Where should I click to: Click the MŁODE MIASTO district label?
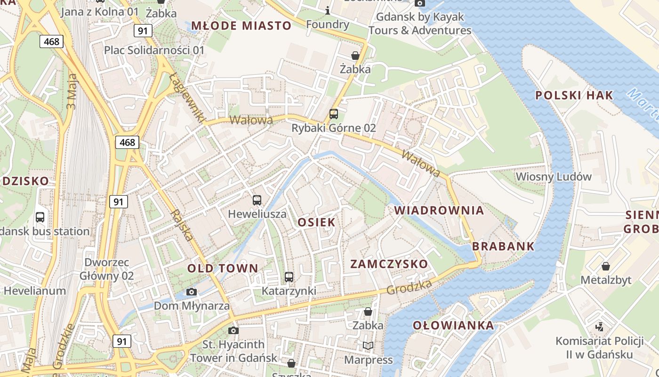(241, 25)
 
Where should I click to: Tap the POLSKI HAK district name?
(574, 95)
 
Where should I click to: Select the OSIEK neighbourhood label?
(316, 222)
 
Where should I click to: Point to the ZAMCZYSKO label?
(389, 264)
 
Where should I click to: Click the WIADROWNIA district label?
(439, 210)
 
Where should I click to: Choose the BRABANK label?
(503, 246)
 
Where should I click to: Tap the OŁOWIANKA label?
(453, 325)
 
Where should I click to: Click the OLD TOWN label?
(223, 269)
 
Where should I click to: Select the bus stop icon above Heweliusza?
(257, 200)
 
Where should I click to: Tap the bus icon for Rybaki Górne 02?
(334, 114)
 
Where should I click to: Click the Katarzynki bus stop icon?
(289, 277)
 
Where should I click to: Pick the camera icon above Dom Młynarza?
(191, 292)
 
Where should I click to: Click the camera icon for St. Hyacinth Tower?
(233, 330)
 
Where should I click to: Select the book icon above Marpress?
(368, 346)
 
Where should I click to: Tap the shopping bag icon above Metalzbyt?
(606, 266)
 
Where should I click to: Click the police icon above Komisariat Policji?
(599, 326)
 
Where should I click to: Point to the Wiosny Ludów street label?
(554, 177)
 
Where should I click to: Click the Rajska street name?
(183, 225)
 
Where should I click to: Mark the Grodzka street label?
(409, 287)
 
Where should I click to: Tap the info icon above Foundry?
(328, 10)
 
